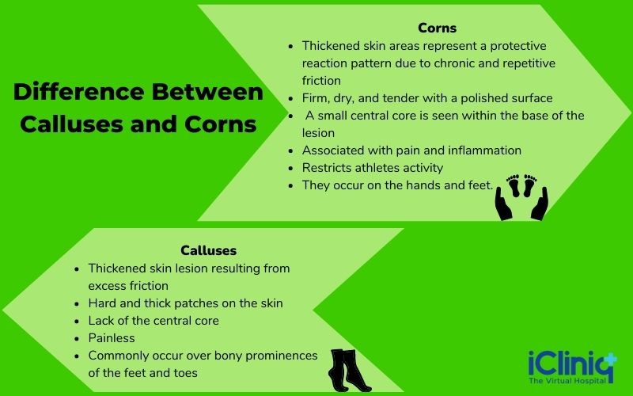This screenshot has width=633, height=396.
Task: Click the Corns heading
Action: tap(438, 29)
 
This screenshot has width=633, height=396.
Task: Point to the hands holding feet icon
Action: tap(521, 196)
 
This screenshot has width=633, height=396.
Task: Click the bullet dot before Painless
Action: tap(75, 339)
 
